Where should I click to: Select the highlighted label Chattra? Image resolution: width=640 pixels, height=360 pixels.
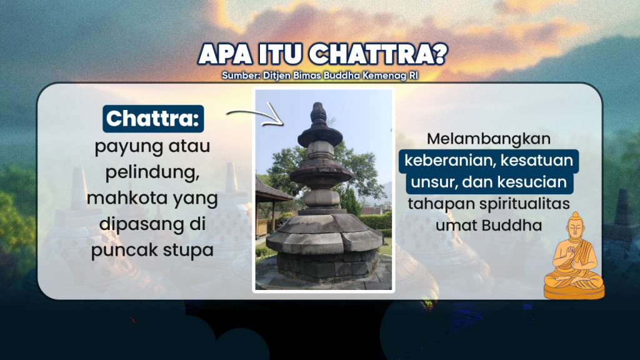tap(154, 119)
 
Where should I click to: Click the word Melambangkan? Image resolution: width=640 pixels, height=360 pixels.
tap(488, 139)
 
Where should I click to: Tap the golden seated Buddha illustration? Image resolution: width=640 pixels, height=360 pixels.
tap(574, 256)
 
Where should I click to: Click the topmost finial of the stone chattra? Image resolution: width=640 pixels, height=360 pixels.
tap(319, 113)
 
